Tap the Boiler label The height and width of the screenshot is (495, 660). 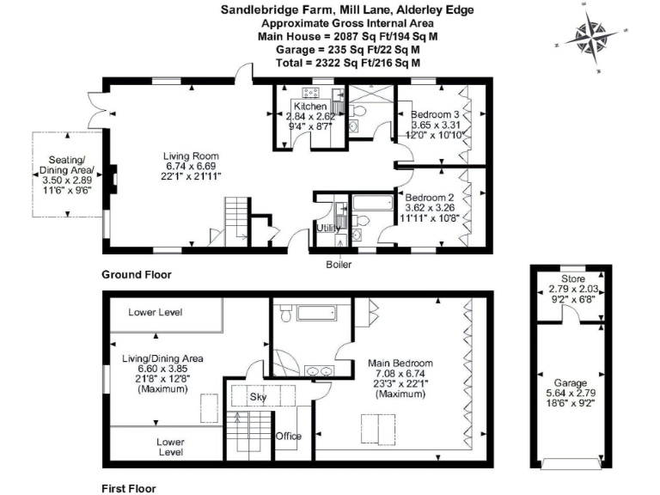[x=338, y=264]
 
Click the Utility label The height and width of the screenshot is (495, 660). [x=328, y=228]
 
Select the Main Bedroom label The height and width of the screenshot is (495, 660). [x=394, y=364]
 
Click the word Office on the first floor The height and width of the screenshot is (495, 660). [x=289, y=436]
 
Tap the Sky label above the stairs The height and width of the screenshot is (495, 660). [x=259, y=398]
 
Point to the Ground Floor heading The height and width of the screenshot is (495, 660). [x=136, y=275]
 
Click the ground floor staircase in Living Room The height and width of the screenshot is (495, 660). [x=237, y=219]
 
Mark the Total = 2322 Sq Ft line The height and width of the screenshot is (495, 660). [x=347, y=63]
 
